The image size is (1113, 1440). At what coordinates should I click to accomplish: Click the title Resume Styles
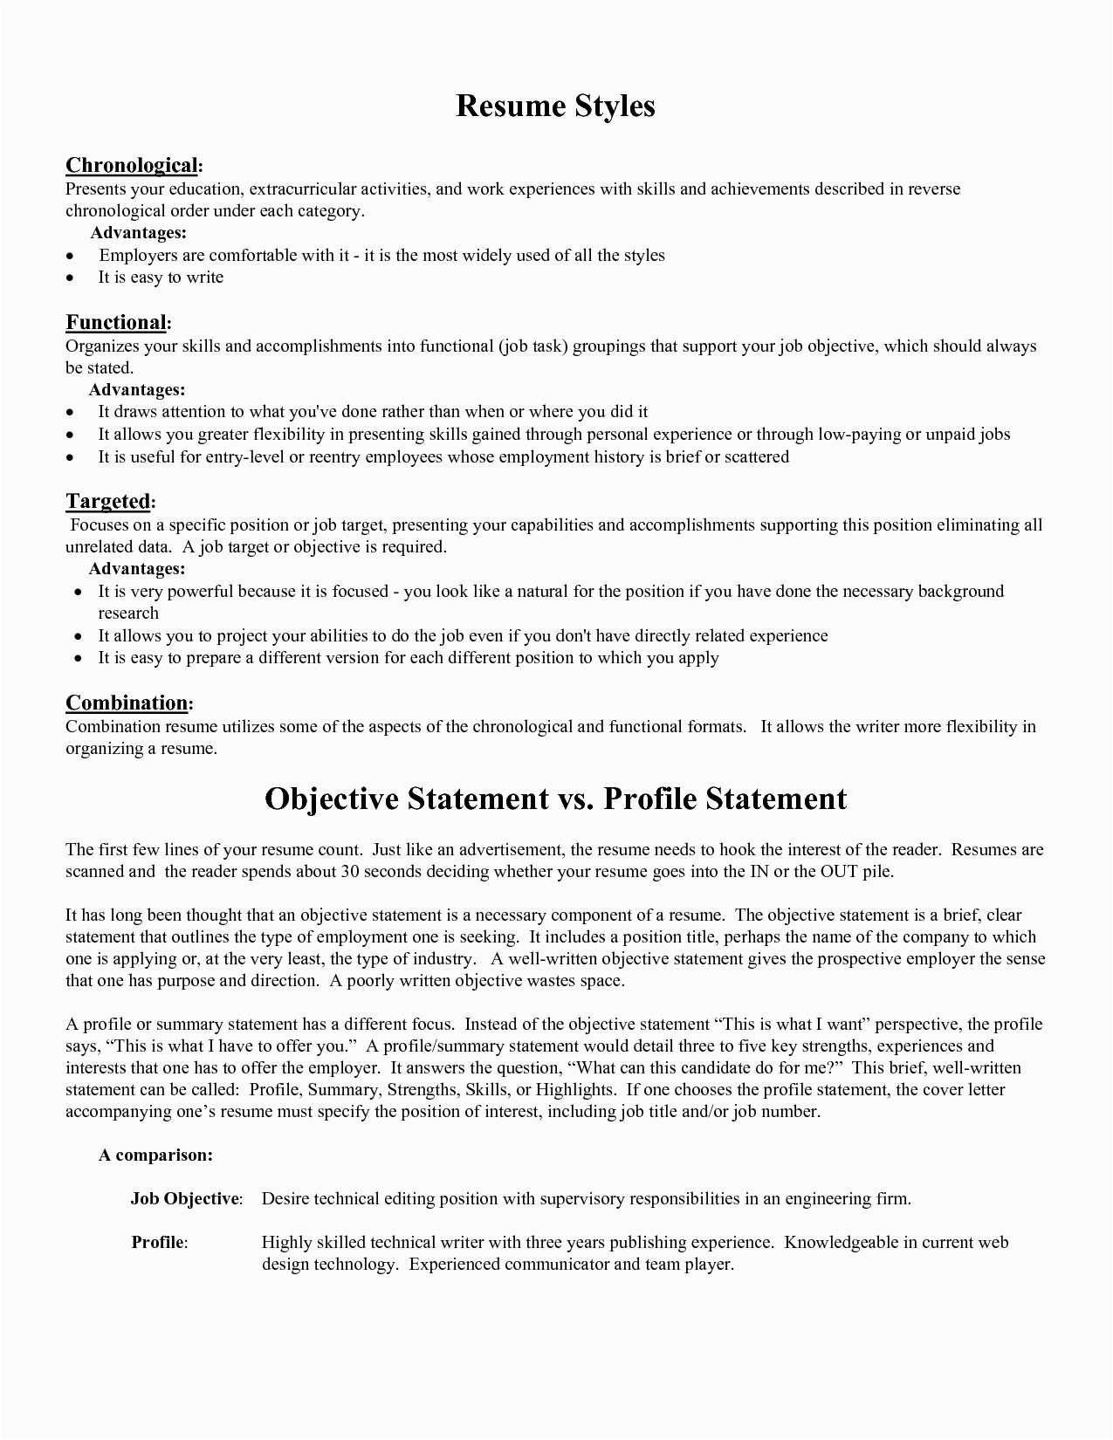555,106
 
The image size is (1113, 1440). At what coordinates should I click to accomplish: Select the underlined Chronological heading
132,166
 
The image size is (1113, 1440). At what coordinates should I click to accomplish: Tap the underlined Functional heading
116,323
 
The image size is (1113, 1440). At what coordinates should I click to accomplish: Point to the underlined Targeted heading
108,501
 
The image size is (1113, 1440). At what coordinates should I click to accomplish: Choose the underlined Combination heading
127,703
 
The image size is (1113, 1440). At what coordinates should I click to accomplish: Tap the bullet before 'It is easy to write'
71,278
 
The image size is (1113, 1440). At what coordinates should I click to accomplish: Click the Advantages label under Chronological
139,233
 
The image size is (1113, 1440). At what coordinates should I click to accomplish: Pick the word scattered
757,457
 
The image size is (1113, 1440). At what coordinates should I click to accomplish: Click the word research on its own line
127,614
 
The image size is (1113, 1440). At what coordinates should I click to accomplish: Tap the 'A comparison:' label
155,1155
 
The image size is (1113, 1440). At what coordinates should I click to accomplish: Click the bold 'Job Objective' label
185,1199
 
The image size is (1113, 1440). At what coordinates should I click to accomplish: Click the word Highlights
574,1090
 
